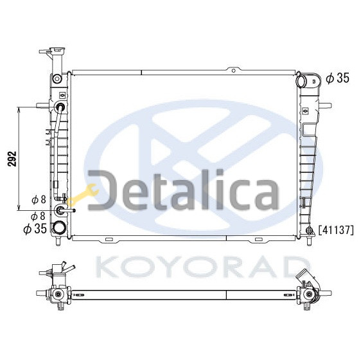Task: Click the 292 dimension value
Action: (x=12, y=159)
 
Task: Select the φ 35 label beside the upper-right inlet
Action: (x=337, y=78)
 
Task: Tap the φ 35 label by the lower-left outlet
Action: (x=35, y=228)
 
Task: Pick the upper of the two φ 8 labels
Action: (x=39, y=199)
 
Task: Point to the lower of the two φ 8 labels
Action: (x=38, y=216)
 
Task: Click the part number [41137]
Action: (x=336, y=230)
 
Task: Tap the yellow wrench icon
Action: (x=84, y=194)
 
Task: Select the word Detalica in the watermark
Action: (x=184, y=190)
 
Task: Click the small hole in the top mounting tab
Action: (x=233, y=71)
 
